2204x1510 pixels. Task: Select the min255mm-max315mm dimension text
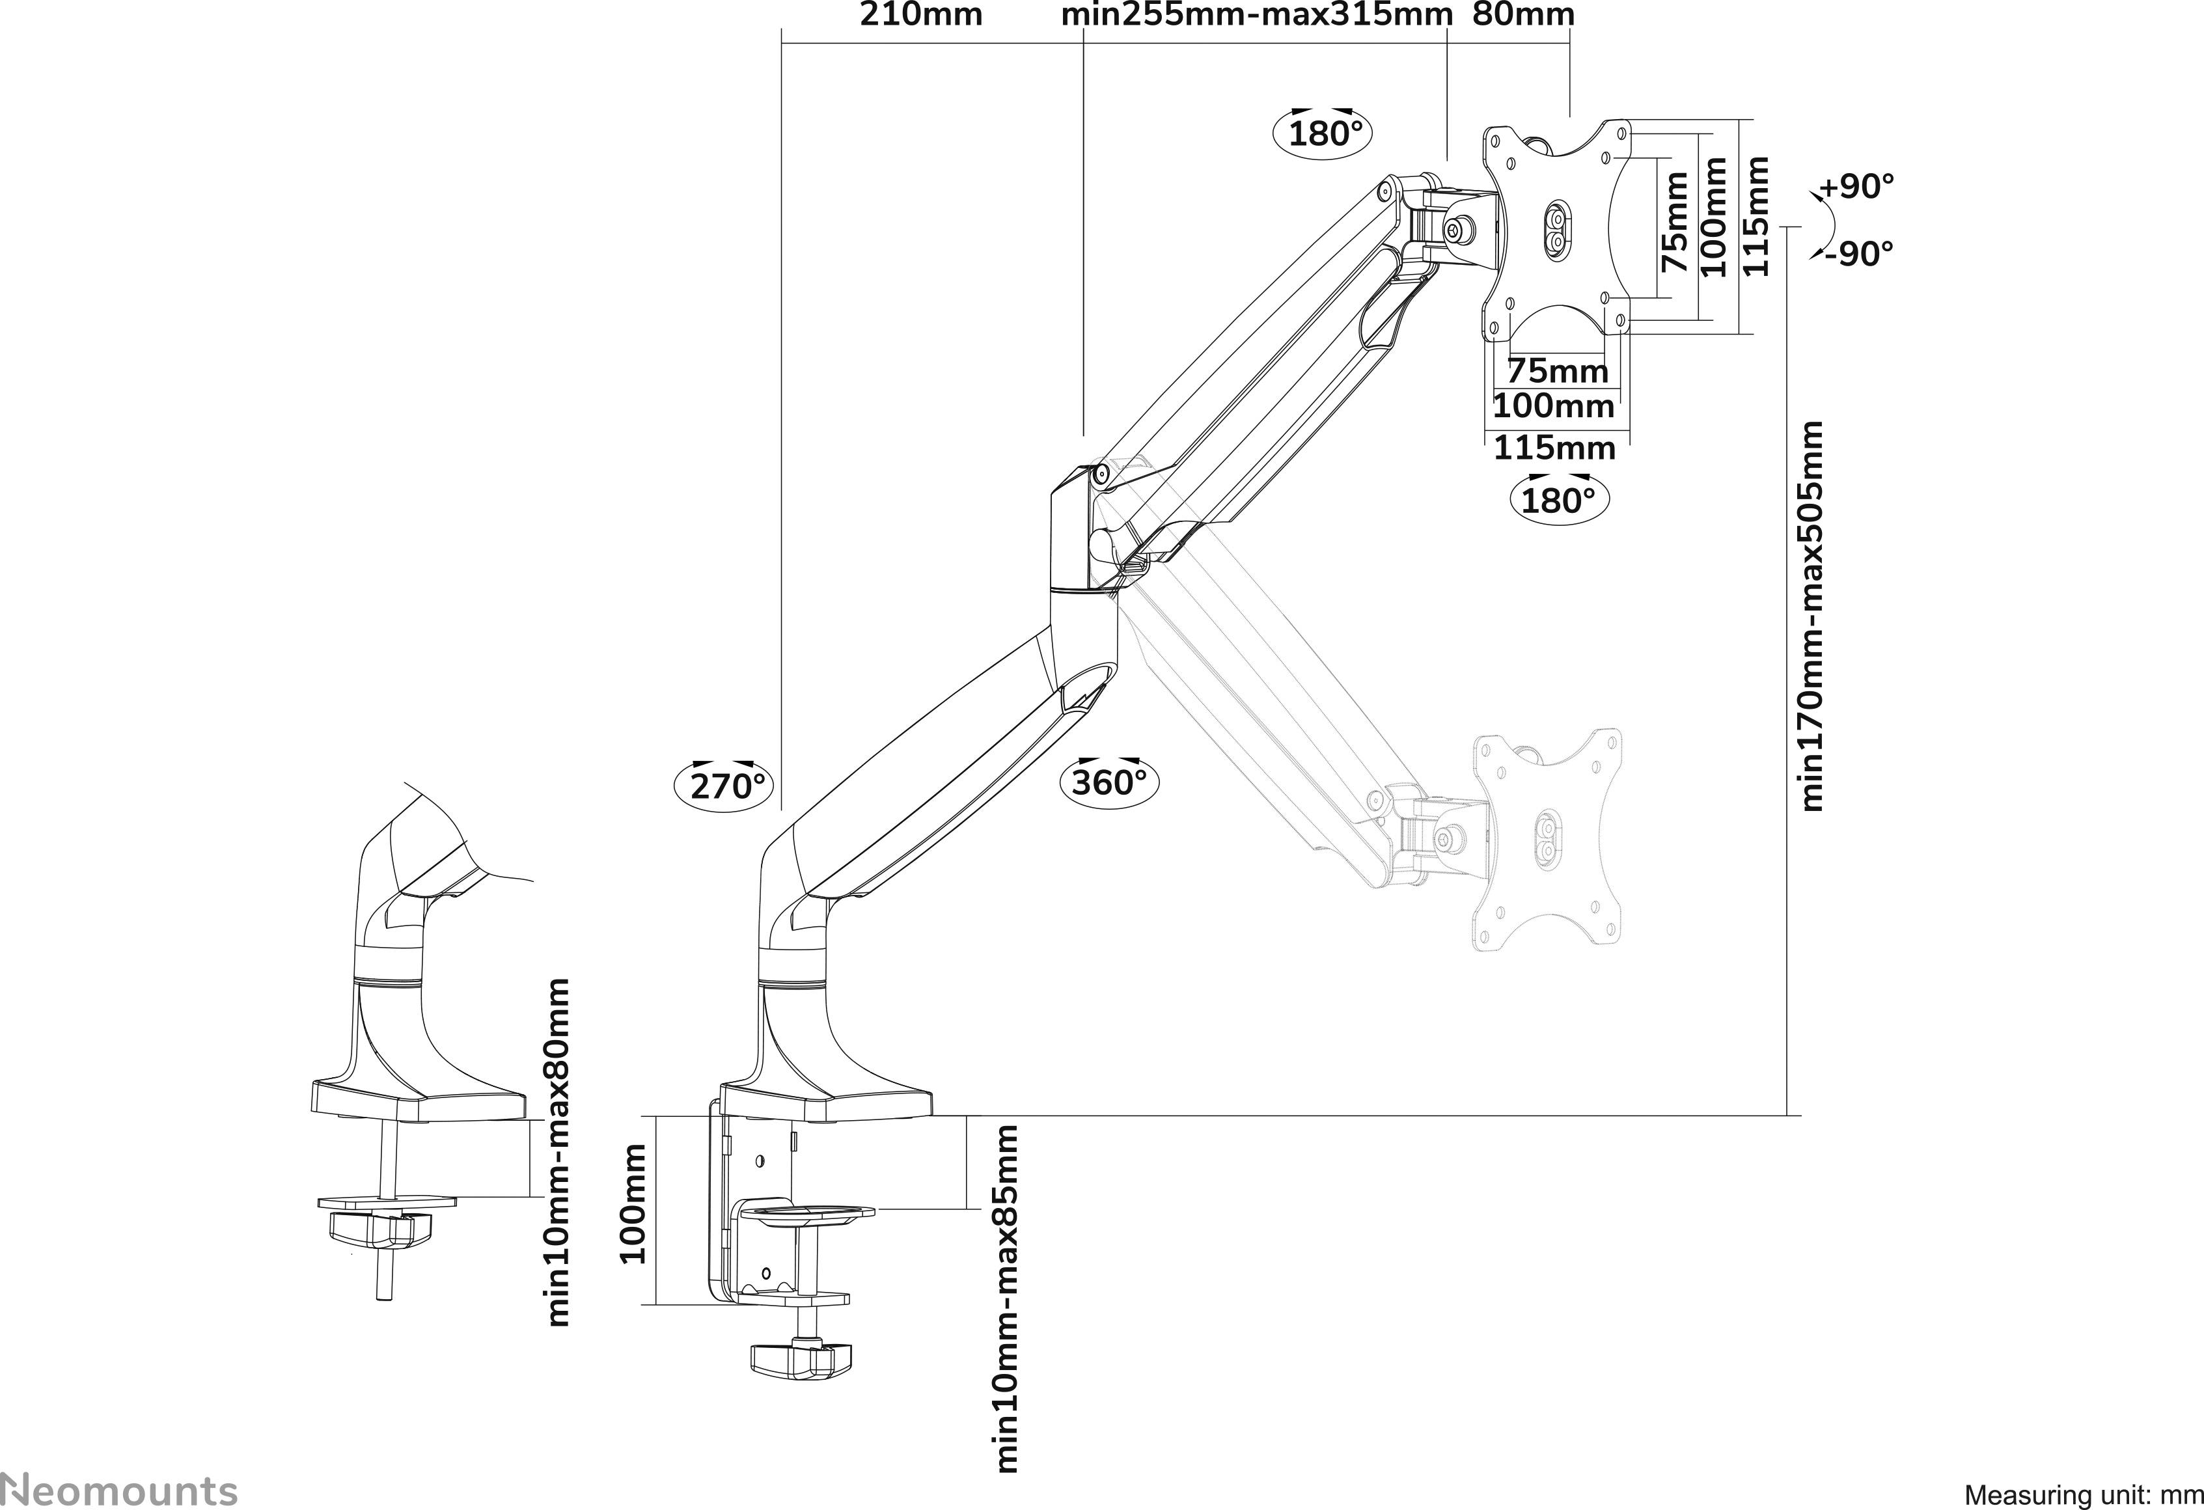click(x=1256, y=15)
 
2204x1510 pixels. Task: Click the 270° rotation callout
click(x=724, y=786)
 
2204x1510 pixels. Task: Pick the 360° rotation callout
click(x=1110, y=782)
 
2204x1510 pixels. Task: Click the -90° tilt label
click(x=1860, y=254)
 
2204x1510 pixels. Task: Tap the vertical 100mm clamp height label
click(x=633, y=1205)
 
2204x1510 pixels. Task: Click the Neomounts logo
click(x=118, y=1489)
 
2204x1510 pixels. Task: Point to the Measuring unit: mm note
click(x=2082, y=1496)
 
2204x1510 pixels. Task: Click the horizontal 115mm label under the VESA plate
click(x=1554, y=448)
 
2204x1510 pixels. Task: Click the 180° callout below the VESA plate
click(x=1558, y=500)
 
